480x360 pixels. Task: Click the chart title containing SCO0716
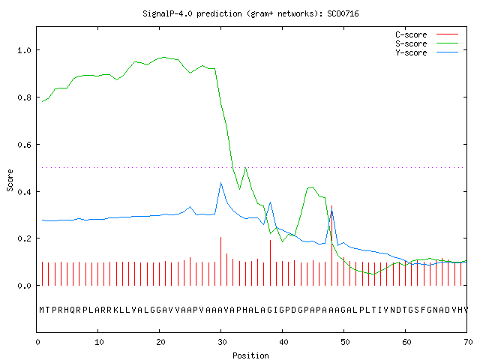coord(250,13)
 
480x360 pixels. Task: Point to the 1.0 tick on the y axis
coord(25,50)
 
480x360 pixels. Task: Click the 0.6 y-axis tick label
coord(25,145)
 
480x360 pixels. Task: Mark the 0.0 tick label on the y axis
coord(25,286)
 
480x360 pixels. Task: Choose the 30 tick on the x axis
coord(222,342)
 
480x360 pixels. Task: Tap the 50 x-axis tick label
coord(345,342)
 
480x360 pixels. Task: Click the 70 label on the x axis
coord(468,342)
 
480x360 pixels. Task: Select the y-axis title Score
coord(10,180)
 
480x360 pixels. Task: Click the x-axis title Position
coord(250,355)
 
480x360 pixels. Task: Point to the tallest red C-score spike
coord(331,245)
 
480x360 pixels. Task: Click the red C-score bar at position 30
coord(220,261)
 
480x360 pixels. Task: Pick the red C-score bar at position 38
coord(270,262)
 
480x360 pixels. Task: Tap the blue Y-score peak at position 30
coord(220,183)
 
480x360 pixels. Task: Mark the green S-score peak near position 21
coord(165,57)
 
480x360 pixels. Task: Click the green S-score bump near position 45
coord(312,187)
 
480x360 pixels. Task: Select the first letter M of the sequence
coord(42,310)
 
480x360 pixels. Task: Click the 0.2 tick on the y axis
coord(25,238)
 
